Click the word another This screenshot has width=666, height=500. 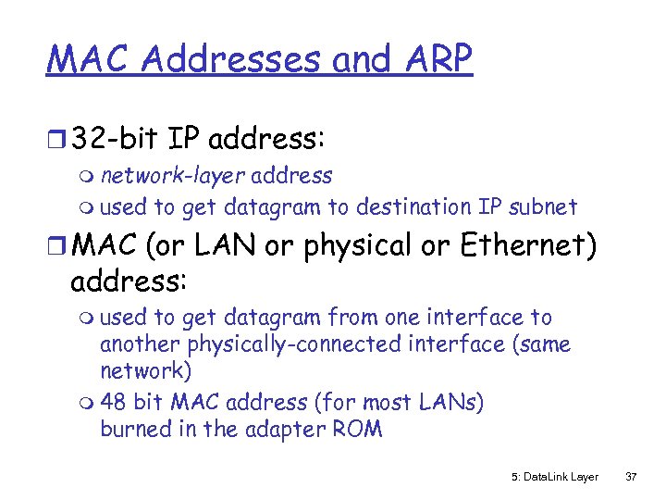pos(140,344)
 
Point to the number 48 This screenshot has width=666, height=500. pos(114,402)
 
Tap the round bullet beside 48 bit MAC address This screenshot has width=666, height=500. pos(88,404)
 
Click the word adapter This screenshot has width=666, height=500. pos(284,430)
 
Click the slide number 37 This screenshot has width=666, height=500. pos(631,477)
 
